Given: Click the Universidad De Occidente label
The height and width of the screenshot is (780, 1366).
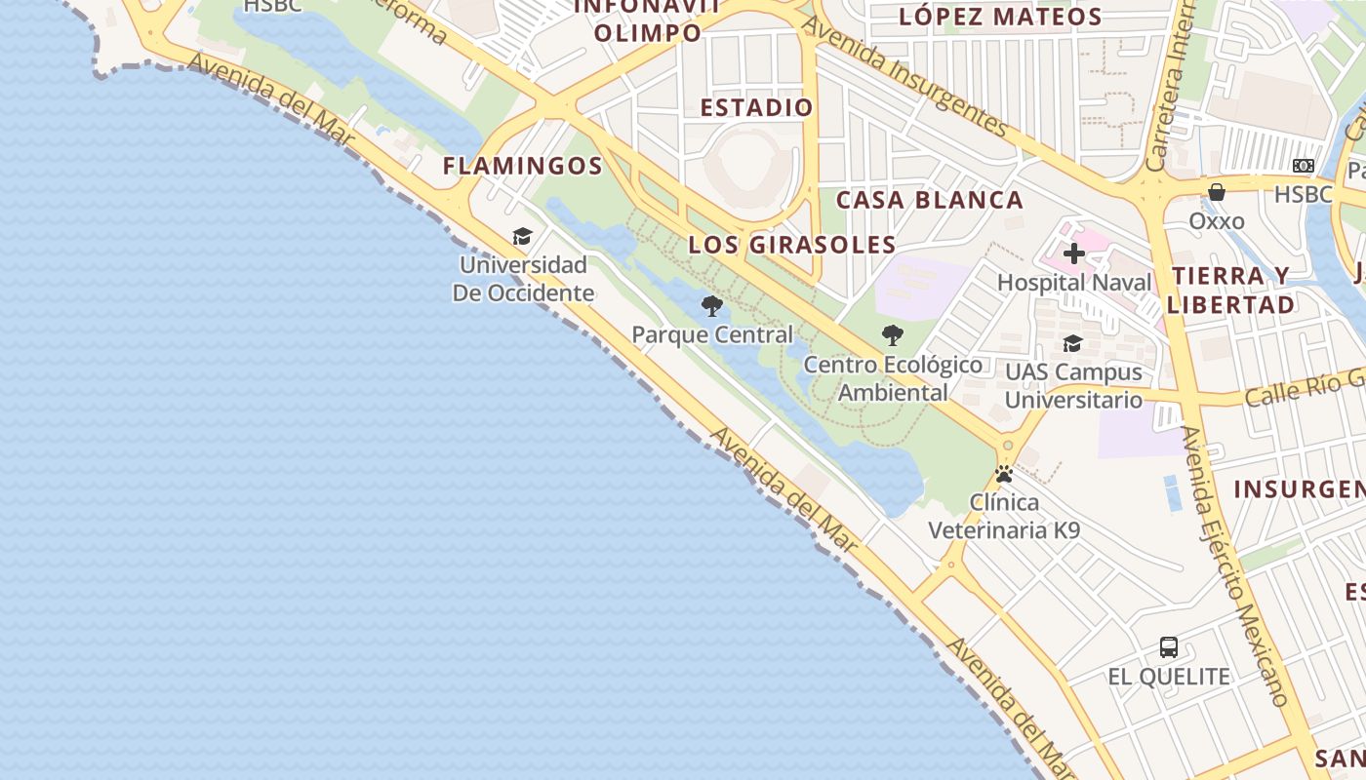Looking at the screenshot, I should pos(523,279).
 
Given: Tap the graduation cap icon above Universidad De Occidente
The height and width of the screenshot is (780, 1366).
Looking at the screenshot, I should pos(523,237).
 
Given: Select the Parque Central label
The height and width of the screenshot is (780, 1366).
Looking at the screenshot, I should pos(712,335).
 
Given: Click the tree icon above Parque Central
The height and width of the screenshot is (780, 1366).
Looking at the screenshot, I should pos(712,306).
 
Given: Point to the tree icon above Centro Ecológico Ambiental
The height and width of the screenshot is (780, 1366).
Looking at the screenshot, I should pos(893,335).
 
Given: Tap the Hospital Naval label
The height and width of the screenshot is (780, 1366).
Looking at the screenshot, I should pos(1074,283).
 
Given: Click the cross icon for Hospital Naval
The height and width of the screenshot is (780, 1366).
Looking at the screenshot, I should pos(1074,254).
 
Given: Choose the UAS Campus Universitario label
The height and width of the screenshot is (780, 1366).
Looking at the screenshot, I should pos(1073,386).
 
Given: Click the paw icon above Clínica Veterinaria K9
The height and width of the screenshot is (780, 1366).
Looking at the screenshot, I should pos(1004,475).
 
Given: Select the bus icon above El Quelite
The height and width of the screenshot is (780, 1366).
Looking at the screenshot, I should pos(1169,646).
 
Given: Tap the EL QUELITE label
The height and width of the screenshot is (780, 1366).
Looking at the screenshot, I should pos(1169,677).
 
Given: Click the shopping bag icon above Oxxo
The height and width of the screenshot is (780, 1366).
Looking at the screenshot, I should pos(1217,192).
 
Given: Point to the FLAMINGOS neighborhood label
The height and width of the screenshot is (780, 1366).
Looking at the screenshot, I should pos(523,167).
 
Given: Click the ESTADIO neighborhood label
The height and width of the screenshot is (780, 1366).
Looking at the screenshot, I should pos(756,108).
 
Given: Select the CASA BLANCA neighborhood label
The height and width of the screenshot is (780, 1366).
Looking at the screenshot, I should pos(930,201).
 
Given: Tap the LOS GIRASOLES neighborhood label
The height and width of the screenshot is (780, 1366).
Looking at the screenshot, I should pos(792,245).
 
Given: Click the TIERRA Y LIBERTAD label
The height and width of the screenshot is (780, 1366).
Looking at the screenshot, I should pos(1231,290).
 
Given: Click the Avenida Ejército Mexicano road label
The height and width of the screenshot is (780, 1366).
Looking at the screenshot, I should pos(1234,565).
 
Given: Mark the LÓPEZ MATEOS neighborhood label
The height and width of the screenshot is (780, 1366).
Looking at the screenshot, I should pos(1000,17).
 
